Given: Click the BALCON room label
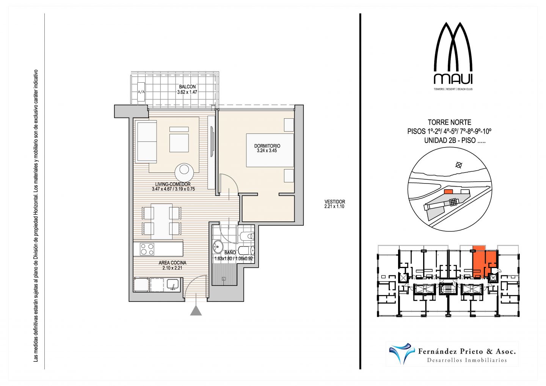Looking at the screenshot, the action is click(x=187, y=87).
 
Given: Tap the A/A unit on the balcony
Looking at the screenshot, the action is click(x=141, y=92).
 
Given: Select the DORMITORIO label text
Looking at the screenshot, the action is click(x=267, y=146).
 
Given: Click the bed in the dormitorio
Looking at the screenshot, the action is click(x=270, y=150).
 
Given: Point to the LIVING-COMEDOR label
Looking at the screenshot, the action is click(x=173, y=185).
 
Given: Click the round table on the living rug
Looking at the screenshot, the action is click(x=184, y=172).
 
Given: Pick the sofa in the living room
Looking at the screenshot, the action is click(x=147, y=143).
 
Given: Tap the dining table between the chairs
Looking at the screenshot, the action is click(x=162, y=221).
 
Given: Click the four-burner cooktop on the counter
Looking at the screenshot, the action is click(x=147, y=249).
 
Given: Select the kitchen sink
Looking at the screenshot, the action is click(x=173, y=285).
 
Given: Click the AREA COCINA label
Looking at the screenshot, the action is click(x=172, y=263).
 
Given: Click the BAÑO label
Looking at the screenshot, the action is click(x=230, y=253).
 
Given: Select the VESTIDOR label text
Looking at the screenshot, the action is click(x=335, y=202).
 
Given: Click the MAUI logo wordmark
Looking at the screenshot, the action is click(x=453, y=79).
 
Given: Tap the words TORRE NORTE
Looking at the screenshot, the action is click(x=449, y=122).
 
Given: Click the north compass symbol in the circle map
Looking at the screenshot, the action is click(x=459, y=165).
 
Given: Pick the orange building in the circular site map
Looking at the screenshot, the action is click(x=448, y=191).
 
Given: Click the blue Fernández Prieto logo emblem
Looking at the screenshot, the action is click(x=402, y=353).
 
